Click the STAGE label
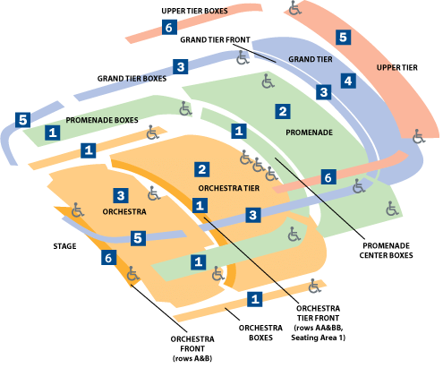(64, 246)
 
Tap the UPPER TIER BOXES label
(194, 11)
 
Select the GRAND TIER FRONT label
(215, 39)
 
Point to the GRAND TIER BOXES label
(132, 79)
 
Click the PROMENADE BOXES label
(102, 120)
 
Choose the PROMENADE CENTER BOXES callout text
(386, 251)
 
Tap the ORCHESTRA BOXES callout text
(260, 333)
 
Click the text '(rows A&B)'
(192, 358)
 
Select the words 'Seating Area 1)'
(318, 338)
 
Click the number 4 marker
(348, 81)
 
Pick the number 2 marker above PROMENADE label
(283, 111)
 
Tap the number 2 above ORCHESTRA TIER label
(202, 169)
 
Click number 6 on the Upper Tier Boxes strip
(169, 28)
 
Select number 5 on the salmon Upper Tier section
(343, 37)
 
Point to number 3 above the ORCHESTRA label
(121, 195)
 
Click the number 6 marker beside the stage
(108, 258)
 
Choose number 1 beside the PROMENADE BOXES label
(53, 133)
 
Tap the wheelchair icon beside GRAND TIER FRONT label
(243, 57)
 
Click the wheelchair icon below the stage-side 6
(132, 274)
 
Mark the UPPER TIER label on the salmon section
(396, 68)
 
